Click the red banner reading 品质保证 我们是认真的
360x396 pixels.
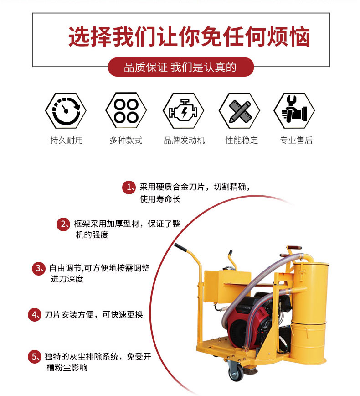[x=180, y=67]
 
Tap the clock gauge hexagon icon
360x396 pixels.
[x=66, y=110]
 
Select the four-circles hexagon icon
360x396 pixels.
[x=126, y=110]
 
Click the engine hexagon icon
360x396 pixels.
[x=183, y=110]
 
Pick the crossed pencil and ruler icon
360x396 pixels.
[x=239, y=110]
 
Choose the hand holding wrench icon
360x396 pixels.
[x=294, y=110]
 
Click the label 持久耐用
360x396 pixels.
[x=67, y=140]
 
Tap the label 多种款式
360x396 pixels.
[x=126, y=140]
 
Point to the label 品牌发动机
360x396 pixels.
[x=184, y=140]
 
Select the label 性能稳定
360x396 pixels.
[x=242, y=140]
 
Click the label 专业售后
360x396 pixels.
[x=296, y=140]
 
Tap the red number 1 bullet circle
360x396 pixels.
[x=129, y=187]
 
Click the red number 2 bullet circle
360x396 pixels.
[x=63, y=224]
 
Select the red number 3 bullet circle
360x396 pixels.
[x=39, y=268]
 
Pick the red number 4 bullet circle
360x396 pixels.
[x=35, y=315]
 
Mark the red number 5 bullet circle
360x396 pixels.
[x=35, y=357]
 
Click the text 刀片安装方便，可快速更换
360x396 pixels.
[x=94, y=315]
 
